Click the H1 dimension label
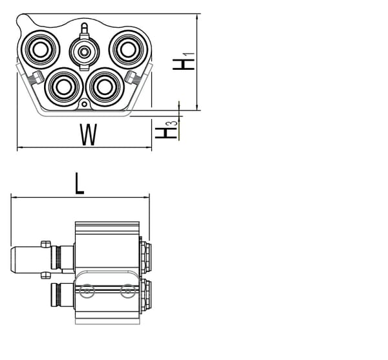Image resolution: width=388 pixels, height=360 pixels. click(185, 62)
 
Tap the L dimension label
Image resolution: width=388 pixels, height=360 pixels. click(79, 184)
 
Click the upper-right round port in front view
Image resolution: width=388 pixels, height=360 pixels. click(125, 47)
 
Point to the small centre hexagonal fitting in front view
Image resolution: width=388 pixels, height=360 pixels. click(83, 51)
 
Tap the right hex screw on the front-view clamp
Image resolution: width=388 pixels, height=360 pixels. click(133, 78)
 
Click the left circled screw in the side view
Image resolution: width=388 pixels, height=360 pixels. click(85, 292)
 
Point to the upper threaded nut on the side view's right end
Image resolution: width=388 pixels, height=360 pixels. click(145, 257)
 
